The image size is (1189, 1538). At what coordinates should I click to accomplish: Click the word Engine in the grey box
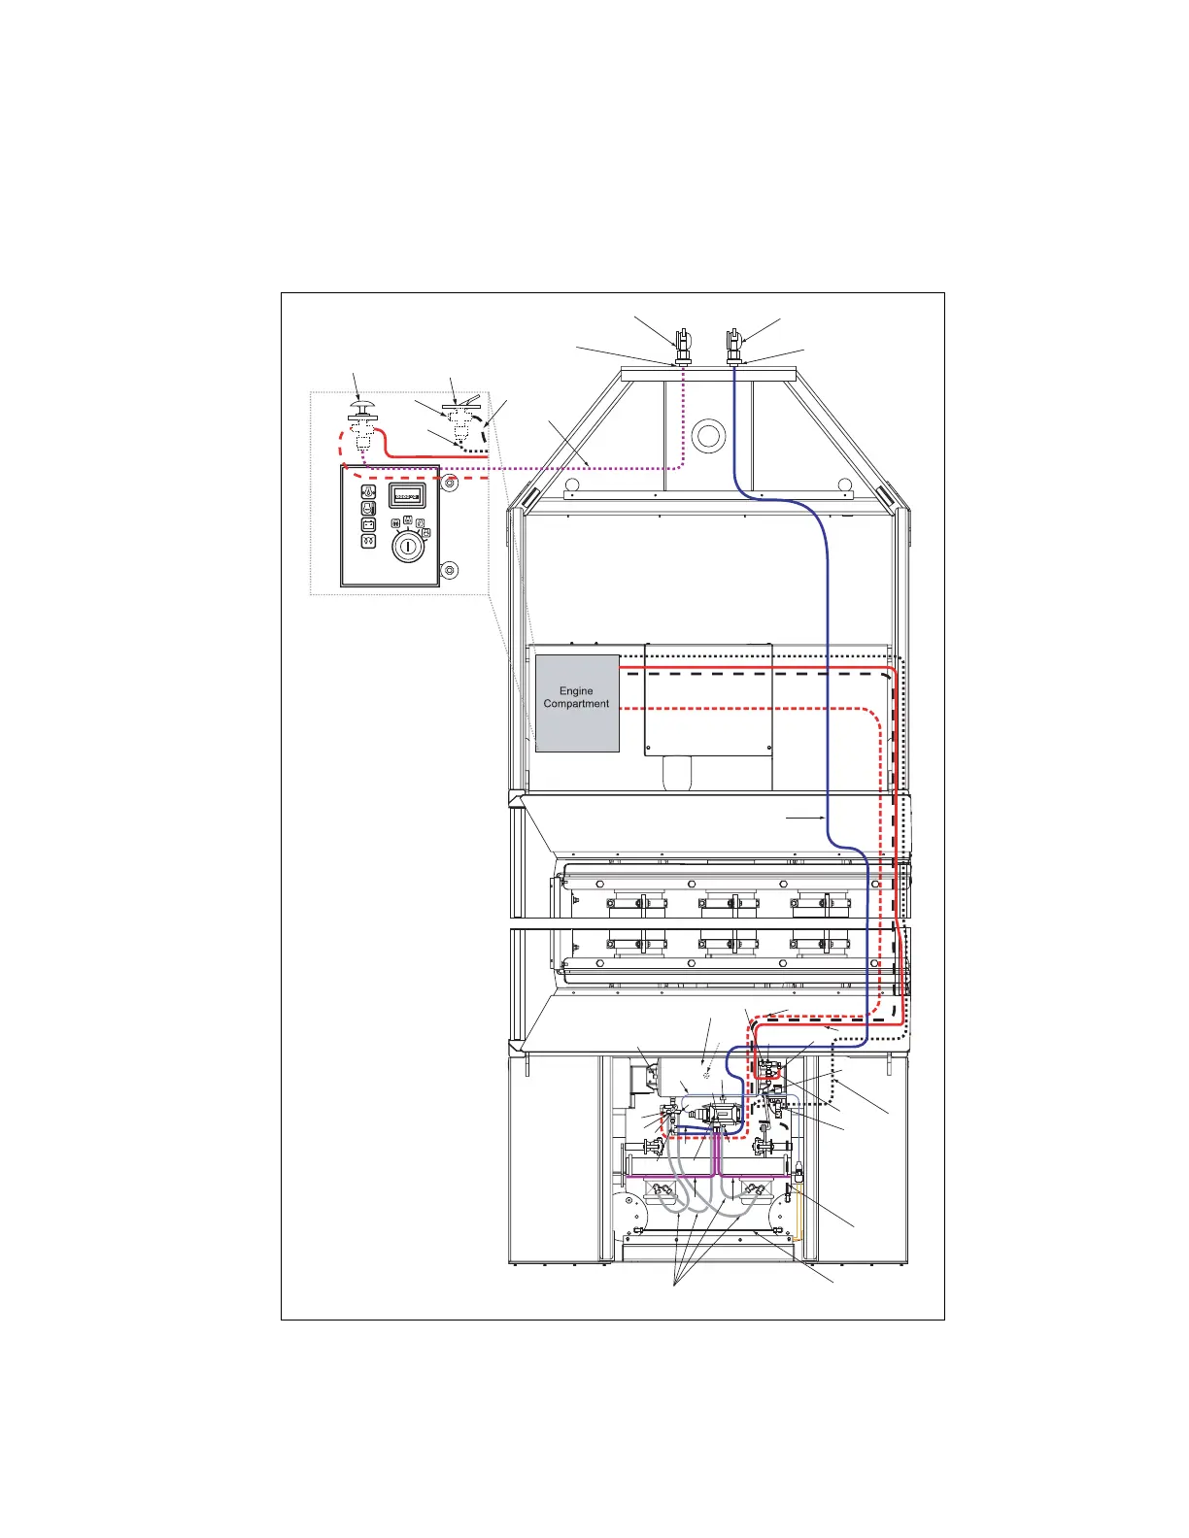point(576,691)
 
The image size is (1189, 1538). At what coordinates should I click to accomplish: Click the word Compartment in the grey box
point(576,704)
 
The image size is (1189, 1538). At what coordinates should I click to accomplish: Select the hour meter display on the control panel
point(406,495)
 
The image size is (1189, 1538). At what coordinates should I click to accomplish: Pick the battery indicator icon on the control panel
point(368,525)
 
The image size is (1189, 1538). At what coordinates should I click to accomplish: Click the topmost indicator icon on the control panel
point(368,492)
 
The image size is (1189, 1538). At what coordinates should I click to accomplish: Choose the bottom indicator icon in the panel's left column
point(368,542)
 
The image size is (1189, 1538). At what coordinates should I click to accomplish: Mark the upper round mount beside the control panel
point(449,482)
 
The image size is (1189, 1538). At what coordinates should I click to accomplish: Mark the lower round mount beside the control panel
point(449,569)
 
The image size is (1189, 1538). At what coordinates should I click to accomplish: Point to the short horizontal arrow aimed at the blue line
point(806,819)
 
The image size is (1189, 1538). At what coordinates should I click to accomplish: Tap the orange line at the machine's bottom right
point(798,1209)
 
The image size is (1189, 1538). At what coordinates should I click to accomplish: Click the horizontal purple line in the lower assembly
point(670,1176)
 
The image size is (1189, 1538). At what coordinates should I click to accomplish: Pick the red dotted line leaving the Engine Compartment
point(738,710)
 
